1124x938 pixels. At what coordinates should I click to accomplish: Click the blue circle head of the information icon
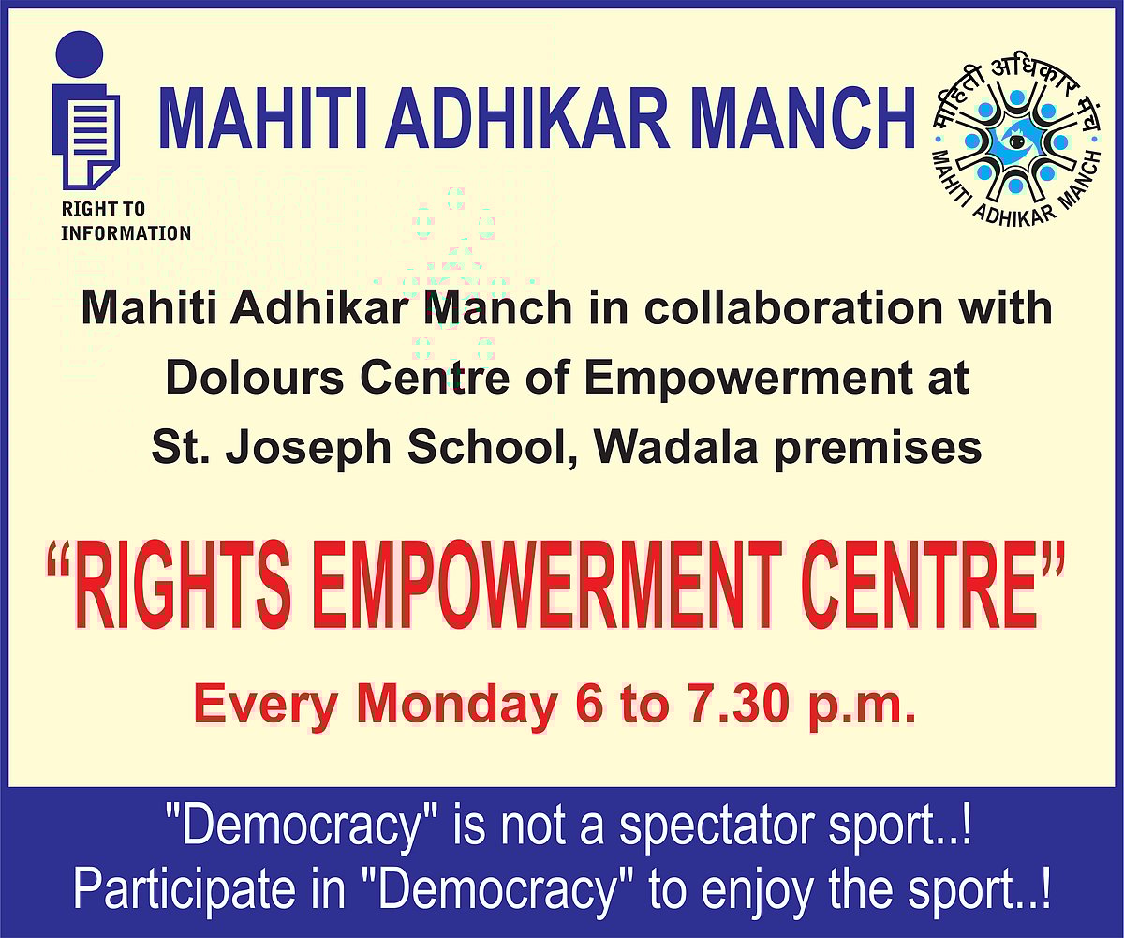pos(80,53)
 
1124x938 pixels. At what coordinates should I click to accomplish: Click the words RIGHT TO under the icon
pos(103,209)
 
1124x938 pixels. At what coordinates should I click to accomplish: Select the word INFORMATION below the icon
pos(126,233)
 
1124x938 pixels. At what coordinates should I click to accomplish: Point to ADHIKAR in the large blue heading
pos(527,119)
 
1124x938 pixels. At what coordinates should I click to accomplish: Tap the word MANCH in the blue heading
pos(802,119)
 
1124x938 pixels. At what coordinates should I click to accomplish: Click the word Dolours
pos(254,378)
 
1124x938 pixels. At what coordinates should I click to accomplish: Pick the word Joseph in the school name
pos(308,449)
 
